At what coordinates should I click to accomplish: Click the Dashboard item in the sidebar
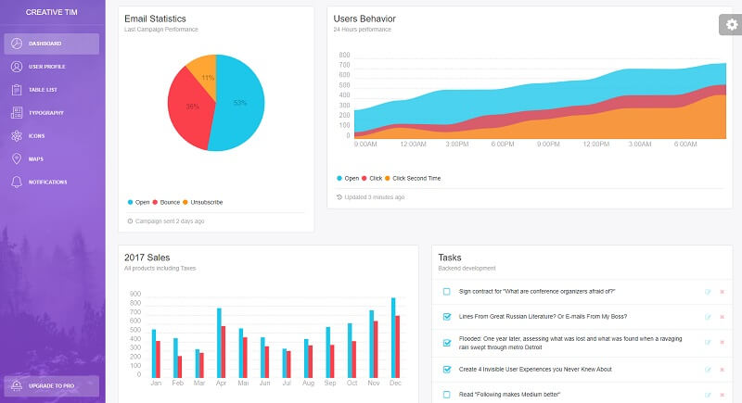click(51, 44)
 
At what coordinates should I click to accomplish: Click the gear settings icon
click(730, 25)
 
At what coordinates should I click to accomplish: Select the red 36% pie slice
click(189, 109)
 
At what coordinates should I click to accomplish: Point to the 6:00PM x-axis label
click(503, 145)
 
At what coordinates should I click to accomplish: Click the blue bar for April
click(219, 342)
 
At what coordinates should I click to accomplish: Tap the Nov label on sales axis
click(373, 383)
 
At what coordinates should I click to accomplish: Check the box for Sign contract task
click(446, 291)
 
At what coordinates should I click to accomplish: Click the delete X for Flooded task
click(722, 343)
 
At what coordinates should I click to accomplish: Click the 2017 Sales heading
click(147, 258)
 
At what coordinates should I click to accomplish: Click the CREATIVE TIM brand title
click(45, 12)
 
